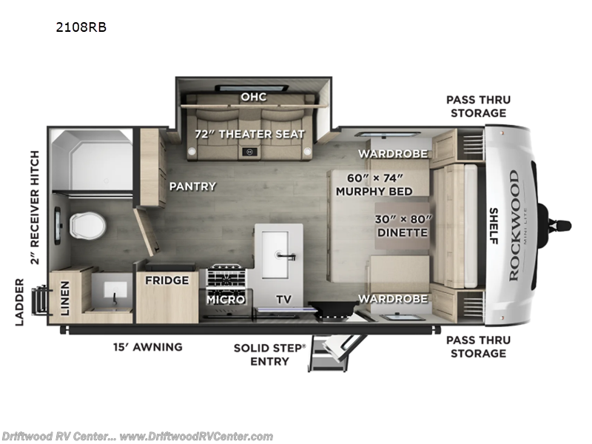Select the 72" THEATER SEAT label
click(x=249, y=134)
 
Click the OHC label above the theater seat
click(x=252, y=97)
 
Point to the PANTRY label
click(x=192, y=186)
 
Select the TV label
click(x=284, y=299)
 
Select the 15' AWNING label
click(x=147, y=346)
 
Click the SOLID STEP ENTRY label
click(x=269, y=353)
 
